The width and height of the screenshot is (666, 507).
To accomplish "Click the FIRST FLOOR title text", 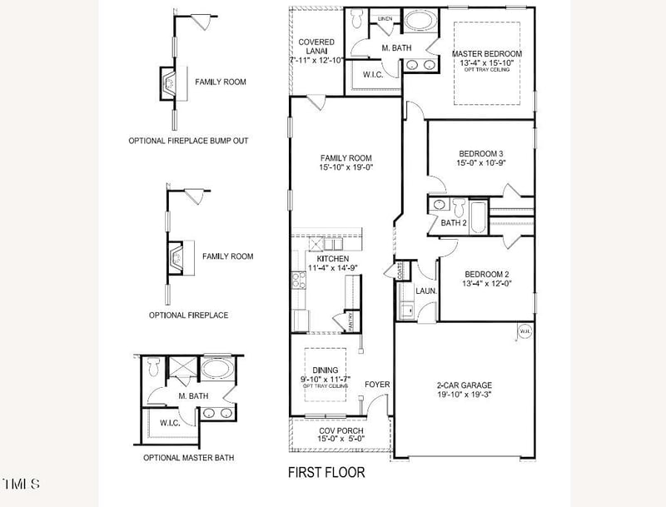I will click(326, 473).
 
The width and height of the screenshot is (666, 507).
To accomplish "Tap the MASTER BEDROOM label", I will click(487, 54).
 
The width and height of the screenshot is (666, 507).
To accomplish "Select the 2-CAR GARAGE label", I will click(465, 385).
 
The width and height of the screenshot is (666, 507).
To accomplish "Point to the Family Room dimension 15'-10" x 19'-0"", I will click(346, 167).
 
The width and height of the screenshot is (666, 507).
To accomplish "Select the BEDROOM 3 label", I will click(481, 153).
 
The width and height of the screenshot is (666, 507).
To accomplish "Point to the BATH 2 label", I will click(454, 223).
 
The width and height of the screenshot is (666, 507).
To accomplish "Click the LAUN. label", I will click(426, 291).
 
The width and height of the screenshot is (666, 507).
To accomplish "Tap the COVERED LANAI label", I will click(316, 46).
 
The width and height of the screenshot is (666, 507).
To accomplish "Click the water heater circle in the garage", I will click(524, 331).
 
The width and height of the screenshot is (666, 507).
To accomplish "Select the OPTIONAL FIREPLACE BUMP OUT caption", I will click(188, 141).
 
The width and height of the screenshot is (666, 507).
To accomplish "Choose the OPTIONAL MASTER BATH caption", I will click(188, 458).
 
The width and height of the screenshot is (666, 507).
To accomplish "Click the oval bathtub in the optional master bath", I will click(219, 367).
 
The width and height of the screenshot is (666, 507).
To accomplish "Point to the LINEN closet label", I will click(385, 17).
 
